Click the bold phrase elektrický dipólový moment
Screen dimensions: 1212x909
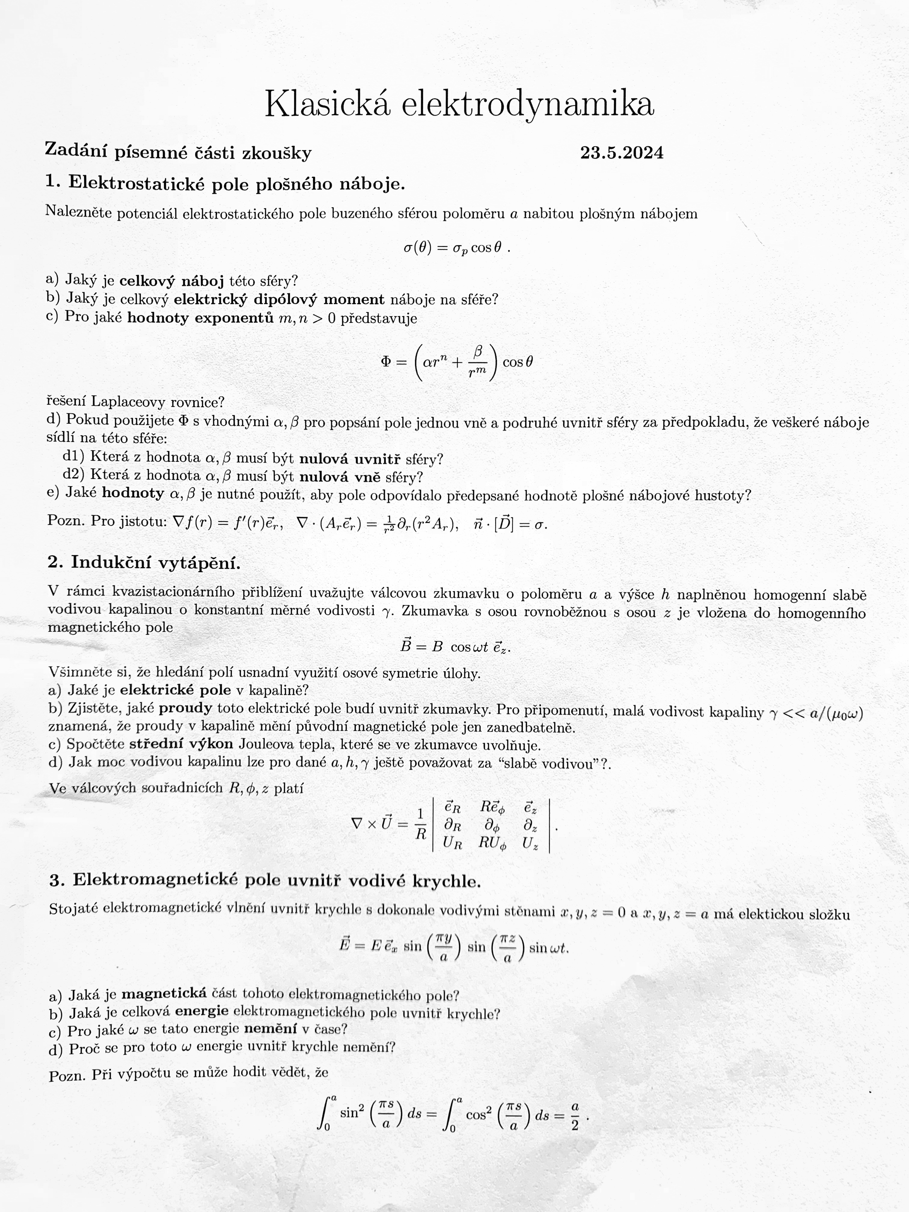pos(279,300)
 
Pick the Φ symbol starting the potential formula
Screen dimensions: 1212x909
pos(386,362)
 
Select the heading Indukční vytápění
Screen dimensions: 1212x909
pos(156,563)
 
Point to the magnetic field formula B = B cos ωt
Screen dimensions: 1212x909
pos(455,647)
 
